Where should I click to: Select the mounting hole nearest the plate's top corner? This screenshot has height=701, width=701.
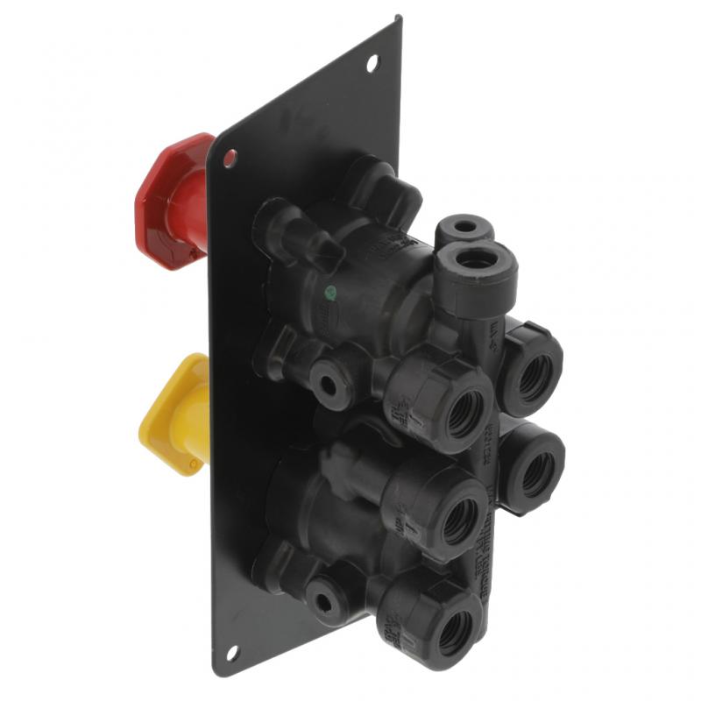pos(372,61)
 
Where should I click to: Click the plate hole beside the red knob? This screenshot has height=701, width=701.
pos(230,159)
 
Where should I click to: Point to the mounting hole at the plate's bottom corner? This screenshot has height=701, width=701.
pos(231,652)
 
